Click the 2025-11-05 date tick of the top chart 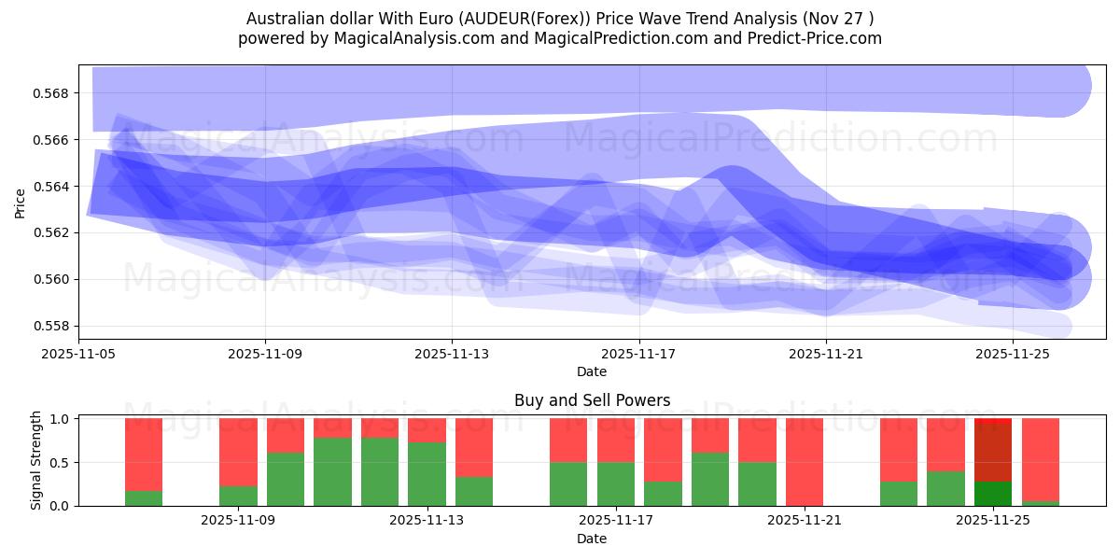point(79,354)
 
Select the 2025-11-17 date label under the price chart point(639,354)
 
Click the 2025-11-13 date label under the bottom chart point(427,521)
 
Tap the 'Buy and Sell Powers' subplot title point(592,400)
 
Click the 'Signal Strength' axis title point(35,460)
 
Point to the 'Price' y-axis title point(21,202)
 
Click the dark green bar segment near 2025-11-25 point(992,494)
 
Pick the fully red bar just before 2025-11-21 point(804,462)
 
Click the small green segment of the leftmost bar point(144,498)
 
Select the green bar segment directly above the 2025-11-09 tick point(238,496)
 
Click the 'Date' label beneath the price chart point(591,371)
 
